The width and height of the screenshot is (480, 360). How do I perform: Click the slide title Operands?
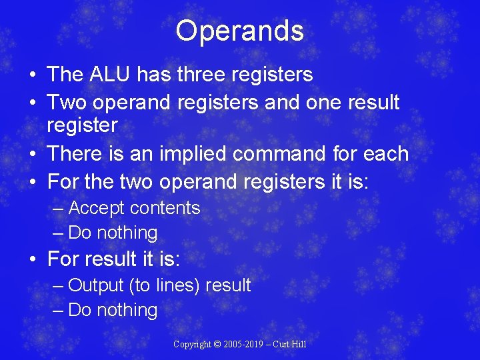(240, 31)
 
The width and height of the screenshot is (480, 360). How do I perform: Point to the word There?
(79, 153)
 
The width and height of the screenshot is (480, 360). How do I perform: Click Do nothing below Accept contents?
(113, 233)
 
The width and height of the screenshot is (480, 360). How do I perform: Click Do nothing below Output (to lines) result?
(113, 311)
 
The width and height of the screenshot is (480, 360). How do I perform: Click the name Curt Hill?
(291, 345)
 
